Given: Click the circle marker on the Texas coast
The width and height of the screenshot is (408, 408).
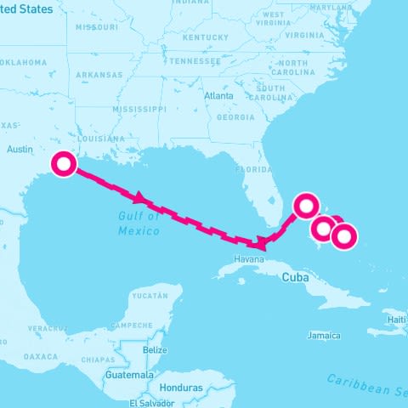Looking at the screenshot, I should pyautogui.click(x=64, y=163).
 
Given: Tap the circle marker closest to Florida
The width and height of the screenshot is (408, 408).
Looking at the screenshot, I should pyautogui.click(x=306, y=205).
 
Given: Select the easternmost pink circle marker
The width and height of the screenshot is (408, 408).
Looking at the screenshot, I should pyautogui.click(x=343, y=237).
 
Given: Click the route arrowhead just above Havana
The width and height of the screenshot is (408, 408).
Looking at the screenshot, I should pyautogui.click(x=261, y=245).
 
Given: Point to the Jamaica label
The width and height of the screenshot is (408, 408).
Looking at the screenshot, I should pyautogui.click(x=324, y=336).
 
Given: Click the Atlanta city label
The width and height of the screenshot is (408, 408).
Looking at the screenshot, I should pyautogui.click(x=218, y=96).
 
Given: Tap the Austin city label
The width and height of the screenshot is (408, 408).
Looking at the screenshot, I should pyautogui.click(x=19, y=149).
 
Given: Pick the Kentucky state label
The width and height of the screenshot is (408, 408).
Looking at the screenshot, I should pyautogui.click(x=205, y=37).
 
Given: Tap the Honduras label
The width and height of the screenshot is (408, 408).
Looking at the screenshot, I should pyautogui.click(x=180, y=387).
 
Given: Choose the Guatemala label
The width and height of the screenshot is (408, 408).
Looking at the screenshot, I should pyautogui.click(x=128, y=374).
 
